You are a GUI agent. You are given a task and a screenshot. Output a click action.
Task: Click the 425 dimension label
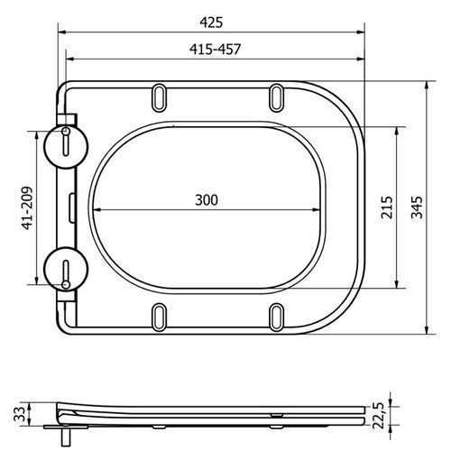(211, 23)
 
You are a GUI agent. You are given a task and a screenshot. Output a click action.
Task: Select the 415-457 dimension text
(216, 49)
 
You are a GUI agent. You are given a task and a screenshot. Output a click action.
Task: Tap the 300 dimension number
(207, 200)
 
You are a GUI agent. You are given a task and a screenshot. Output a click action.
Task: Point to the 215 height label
(387, 207)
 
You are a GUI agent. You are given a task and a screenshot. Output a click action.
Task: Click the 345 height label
(417, 207)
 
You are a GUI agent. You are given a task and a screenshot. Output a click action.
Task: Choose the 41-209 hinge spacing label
(27, 208)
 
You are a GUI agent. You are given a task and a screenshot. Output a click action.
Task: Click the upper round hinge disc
(66, 146)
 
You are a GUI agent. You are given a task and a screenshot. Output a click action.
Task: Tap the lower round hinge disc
(66, 269)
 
